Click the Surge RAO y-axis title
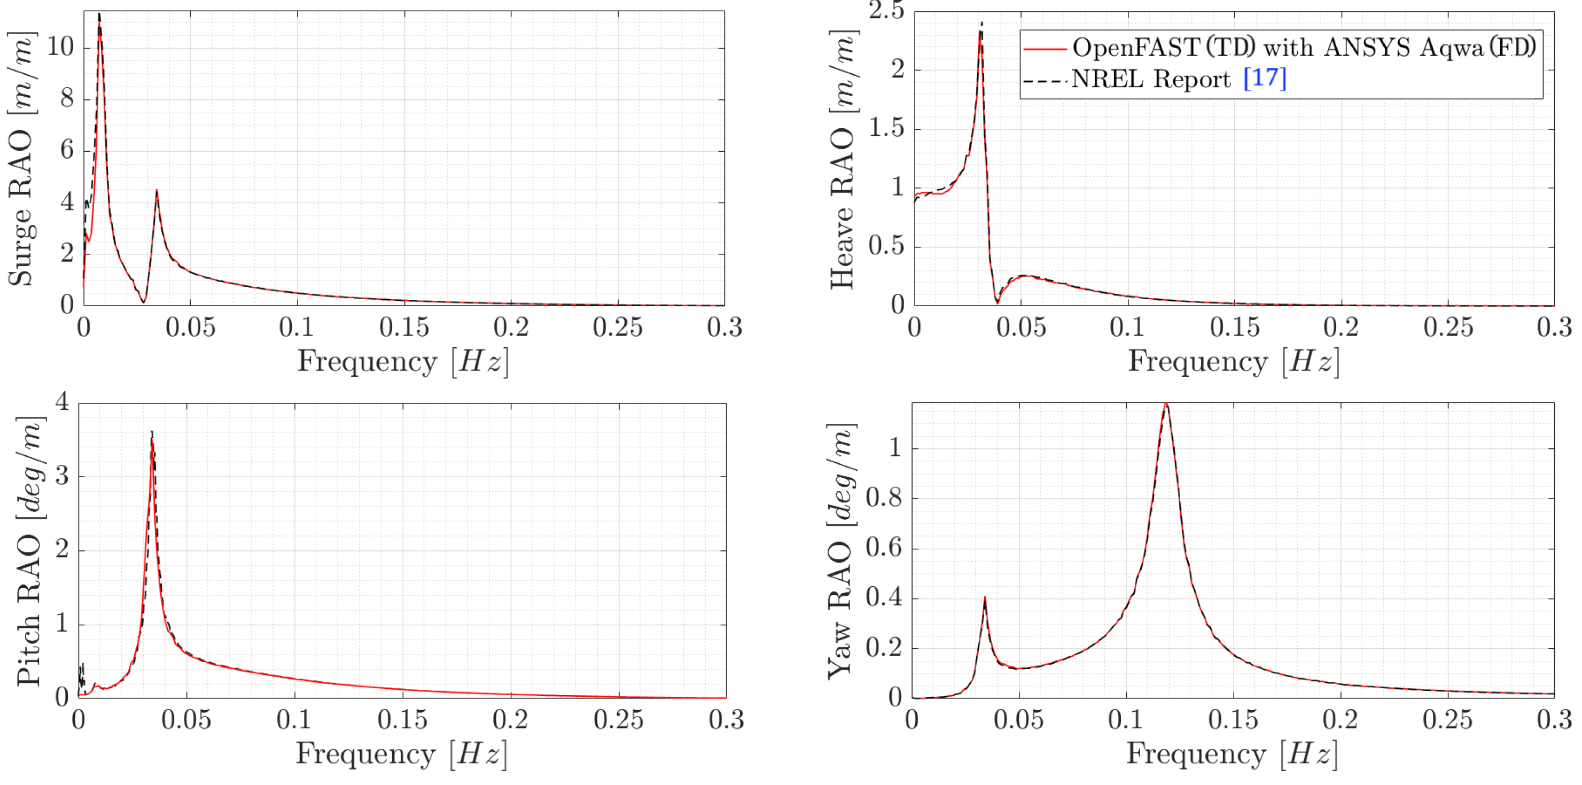pyautogui.click(x=21, y=159)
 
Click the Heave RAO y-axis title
pyautogui.click(x=843, y=159)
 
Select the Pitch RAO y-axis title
pyautogui.click(x=29, y=551)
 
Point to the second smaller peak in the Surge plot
pyautogui.click(x=157, y=191)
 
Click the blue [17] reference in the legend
pyautogui.click(x=1264, y=78)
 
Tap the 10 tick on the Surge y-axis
pyautogui.click(x=59, y=46)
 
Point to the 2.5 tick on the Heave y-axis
pyautogui.click(x=886, y=11)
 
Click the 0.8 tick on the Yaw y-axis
pyautogui.click(x=883, y=498)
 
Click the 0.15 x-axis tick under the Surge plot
pyautogui.click(x=403, y=328)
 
